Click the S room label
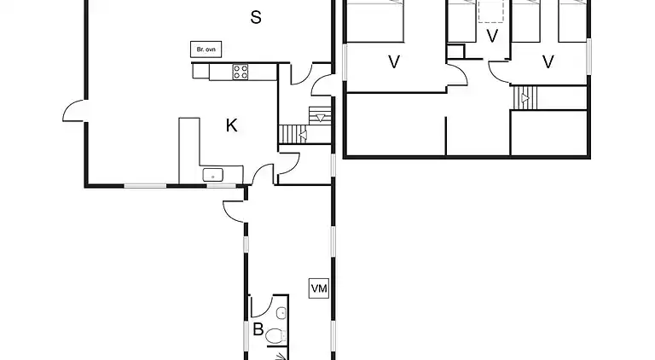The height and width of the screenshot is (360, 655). pos(255,17)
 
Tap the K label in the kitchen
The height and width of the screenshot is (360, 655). pos(231,126)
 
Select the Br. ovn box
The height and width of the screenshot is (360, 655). pos(206,49)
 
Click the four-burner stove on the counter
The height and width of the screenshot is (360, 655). pos(241,73)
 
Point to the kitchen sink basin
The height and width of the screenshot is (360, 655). pos(212,176)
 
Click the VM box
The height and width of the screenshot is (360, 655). pos(319,289)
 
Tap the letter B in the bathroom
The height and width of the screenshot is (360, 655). pos(258,329)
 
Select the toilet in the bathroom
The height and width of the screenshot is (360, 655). pos(275,336)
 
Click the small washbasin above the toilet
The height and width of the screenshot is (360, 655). pos(280,312)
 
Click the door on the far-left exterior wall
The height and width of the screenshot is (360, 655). pos(72,112)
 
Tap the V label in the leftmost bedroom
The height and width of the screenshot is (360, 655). pos(393,61)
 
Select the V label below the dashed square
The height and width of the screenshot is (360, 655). pos(491,36)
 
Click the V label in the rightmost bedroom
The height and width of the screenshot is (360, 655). pos(548,61)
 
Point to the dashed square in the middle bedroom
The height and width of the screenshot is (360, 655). pos(491,10)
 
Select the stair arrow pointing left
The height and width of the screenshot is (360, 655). pos(301,134)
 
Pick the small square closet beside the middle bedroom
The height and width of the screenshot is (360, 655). pos(455,51)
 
